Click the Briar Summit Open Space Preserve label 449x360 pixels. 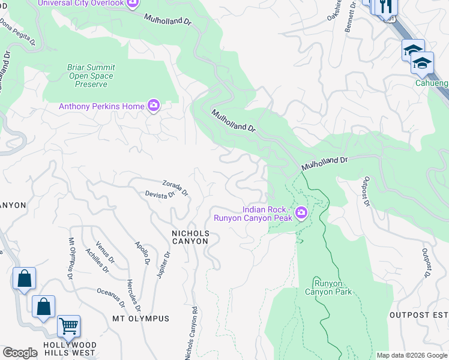pyautogui.click(x=91, y=76)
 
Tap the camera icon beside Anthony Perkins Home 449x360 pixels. pyautogui.click(x=154, y=106)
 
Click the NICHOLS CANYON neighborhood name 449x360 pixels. pyautogui.click(x=190, y=237)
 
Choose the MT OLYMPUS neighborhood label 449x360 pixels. pyautogui.click(x=140, y=319)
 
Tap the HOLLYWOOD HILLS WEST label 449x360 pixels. pyautogui.click(x=70, y=349)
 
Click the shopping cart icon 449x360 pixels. pyautogui.click(x=68, y=327)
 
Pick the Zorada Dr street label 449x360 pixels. pyautogui.click(x=175, y=188)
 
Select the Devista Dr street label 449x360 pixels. pyautogui.click(x=160, y=194)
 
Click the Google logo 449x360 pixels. pyautogui.click(x=20, y=353)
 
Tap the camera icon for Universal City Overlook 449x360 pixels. pyautogui.click(x=133, y=4)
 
